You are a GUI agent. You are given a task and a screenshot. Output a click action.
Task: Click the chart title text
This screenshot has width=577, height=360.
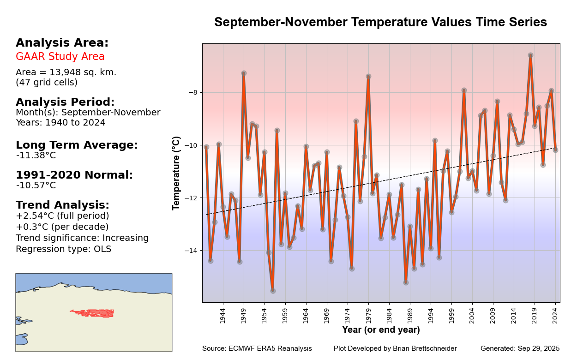pyautogui.click(x=380, y=23)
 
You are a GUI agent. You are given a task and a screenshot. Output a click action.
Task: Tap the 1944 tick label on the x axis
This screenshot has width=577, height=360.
pyautogui.click(x=222, y=315)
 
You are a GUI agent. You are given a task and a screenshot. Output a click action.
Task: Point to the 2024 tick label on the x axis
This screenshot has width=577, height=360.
pyautogui.click(x=555, y=315)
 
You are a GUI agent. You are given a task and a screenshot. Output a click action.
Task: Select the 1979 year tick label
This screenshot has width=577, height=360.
pyautogui.click(x=368, y=315)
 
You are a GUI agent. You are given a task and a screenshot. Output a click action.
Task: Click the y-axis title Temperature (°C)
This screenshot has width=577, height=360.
pyautogui.click(x=177, y=173)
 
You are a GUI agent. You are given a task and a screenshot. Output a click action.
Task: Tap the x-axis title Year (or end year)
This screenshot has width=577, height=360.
pyautogui.click(x=381, y=330)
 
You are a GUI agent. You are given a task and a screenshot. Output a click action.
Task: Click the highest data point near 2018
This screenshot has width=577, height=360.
pyautogui.click(x=530, y=55)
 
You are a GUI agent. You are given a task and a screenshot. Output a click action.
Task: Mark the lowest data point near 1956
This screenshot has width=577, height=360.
pyautogui.click(x=273, y=291)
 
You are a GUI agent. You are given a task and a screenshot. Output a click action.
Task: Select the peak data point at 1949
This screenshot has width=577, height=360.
pyautogui.click(x=244, y=73)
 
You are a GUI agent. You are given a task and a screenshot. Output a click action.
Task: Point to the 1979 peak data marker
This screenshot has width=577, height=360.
pyautogui.click(x=368, y=77)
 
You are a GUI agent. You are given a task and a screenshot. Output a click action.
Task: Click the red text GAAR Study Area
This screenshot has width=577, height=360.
pyautogui.click(x=60, y=57)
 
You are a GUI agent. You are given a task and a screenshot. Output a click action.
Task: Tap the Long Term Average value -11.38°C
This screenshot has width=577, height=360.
pyautogui.click(x=36, y=156)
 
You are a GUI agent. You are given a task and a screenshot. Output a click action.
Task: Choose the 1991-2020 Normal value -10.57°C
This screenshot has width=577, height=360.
pyautogui.click(x=36, y=186)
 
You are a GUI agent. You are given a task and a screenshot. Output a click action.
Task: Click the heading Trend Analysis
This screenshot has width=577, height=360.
pyautogui.click(x=62, y=205)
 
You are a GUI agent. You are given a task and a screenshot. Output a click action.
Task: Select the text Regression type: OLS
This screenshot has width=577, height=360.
pyautogui.click(x=63, y=249)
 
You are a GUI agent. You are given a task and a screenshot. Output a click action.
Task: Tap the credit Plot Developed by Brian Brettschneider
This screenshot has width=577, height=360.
pyautogui.click(x=395, y=348)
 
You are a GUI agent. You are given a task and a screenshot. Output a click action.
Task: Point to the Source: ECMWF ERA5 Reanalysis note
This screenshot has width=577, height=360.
pyautogui.click(x=257, y=348)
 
